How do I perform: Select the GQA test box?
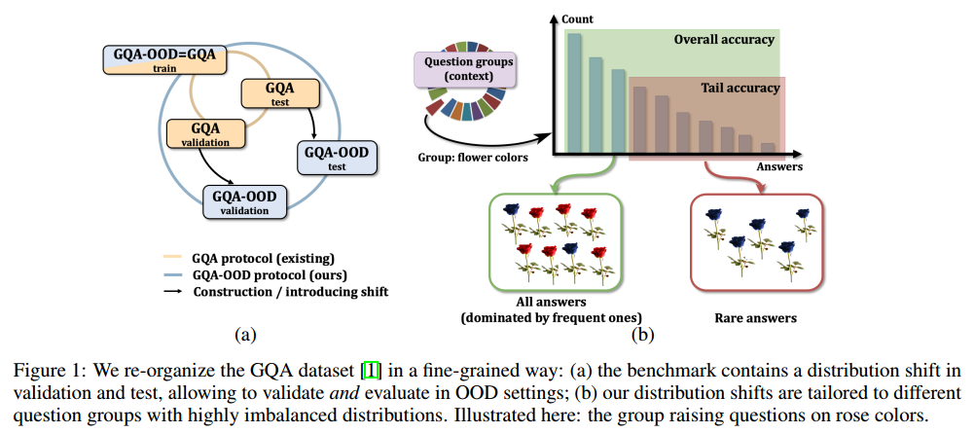280,93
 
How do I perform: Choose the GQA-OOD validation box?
245,202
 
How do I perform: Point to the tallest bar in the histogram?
575,93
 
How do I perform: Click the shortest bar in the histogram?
768,148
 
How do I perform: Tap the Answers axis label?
779,167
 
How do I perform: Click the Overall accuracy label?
724,40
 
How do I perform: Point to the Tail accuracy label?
740,88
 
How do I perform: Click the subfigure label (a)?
245,334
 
